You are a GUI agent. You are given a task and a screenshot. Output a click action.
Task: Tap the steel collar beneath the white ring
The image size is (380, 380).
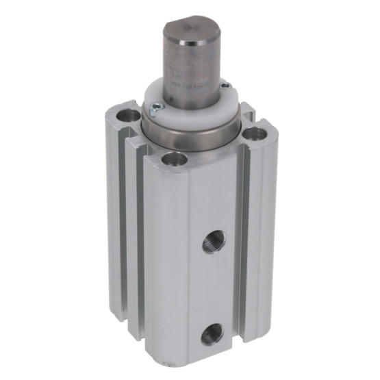click(192, 134)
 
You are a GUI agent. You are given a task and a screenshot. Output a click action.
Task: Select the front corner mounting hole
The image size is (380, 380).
click(174, 160)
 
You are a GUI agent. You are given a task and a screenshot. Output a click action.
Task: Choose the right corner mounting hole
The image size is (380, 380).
click(253, 133)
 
